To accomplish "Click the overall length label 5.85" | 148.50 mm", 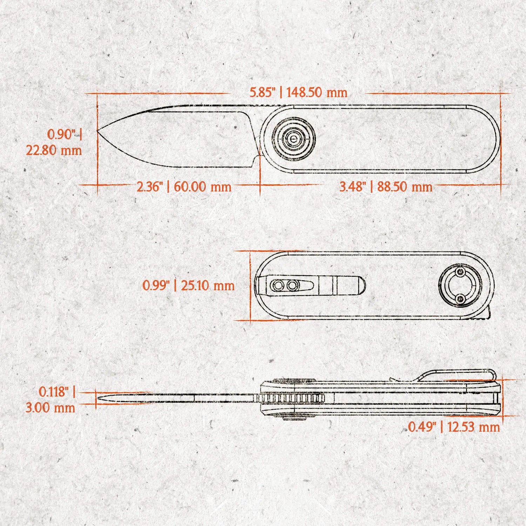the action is tap(298, 93).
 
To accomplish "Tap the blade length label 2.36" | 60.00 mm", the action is tap(184, 186).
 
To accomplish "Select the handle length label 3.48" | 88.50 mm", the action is tap(386, 186).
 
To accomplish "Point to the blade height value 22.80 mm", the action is tap(54, 150).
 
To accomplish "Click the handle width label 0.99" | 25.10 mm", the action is tap(188, 285).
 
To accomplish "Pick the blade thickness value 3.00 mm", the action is tap(50, 407).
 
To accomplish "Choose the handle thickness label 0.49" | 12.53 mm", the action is tap(454, 427).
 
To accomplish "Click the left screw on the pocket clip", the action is tap(278, 285).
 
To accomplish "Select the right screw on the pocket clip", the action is tap(292, 285).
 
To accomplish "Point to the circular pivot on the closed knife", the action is tap(460, 285).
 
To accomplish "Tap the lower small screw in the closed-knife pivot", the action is tap(460, 298).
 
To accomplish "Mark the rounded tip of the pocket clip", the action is tap(364, 285).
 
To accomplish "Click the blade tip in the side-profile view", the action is tap(97, 398).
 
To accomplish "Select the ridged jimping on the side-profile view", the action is tap(290, 398).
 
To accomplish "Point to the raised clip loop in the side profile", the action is tap(456, 376).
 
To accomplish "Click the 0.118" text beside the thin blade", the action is tap(53, 392).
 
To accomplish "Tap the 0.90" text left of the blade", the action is tap(61, 134).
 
